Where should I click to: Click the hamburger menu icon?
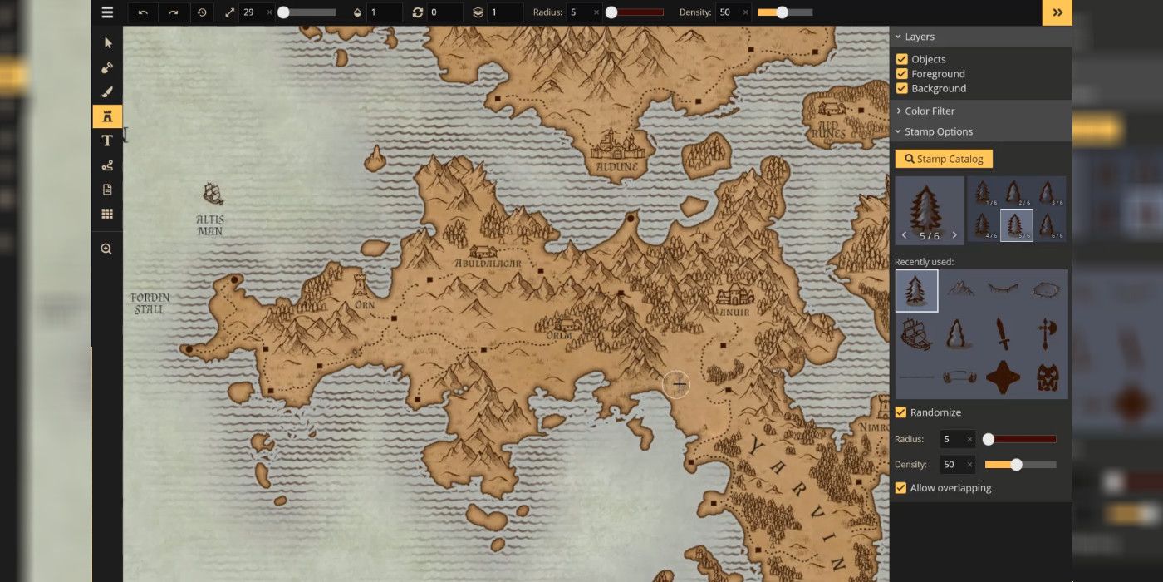107,12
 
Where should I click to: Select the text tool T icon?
107,141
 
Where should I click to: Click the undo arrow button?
143,12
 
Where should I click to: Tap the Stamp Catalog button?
944,159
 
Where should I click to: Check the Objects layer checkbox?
901,59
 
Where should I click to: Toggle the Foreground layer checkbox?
901,74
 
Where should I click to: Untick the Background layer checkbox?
901,88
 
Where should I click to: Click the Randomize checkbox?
900,412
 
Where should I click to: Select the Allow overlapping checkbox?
900,488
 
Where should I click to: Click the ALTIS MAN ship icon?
213,194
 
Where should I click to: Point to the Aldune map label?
616,167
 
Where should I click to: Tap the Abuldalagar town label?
488,264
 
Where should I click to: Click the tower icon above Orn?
361,284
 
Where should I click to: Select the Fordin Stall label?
150,303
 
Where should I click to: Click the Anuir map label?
734,313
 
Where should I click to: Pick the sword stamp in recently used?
1004,334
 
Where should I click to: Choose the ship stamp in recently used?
916,334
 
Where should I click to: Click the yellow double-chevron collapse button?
1057,12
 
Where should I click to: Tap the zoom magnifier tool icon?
106,249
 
